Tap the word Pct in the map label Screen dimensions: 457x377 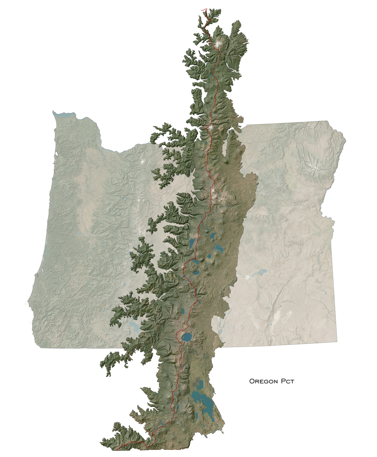pos(287,381)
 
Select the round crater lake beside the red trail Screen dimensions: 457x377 pos(186,337)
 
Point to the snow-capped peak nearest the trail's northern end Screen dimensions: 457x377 pos(218,44)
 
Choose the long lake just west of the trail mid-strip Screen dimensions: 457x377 pos(192,244)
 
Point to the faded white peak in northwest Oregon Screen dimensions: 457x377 pos(144,162)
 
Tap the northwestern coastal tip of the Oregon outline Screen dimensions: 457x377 pos(54,112)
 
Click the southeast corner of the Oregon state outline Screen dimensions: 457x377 pos(337,341)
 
